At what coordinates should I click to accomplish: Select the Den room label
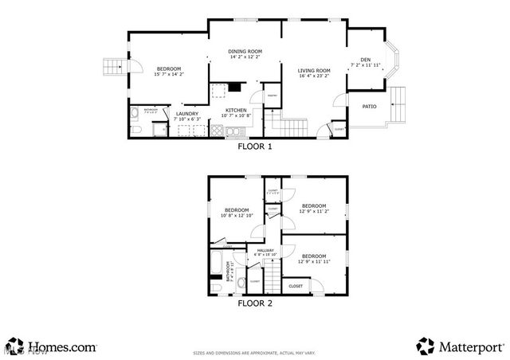click(x=365, y=60)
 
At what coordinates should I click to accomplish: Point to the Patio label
click(x=370, y=106)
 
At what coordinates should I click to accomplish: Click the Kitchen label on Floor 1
click(x=235, y=111)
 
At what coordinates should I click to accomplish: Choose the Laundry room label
click(x=187, y=114)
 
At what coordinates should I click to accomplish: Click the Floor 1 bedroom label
click(x=168, y=68)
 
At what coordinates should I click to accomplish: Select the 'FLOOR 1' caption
click(x=255, y=147)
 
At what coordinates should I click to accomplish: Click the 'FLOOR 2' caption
click(x=255, y=303)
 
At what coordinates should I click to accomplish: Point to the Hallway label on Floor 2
click(x=265, y=251)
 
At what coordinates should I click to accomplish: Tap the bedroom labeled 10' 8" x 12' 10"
click(x=236, y=210)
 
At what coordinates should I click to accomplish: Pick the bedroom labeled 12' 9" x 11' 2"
click(x=314, y=206)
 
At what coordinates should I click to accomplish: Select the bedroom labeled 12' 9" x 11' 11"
click(x=314, y=256)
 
